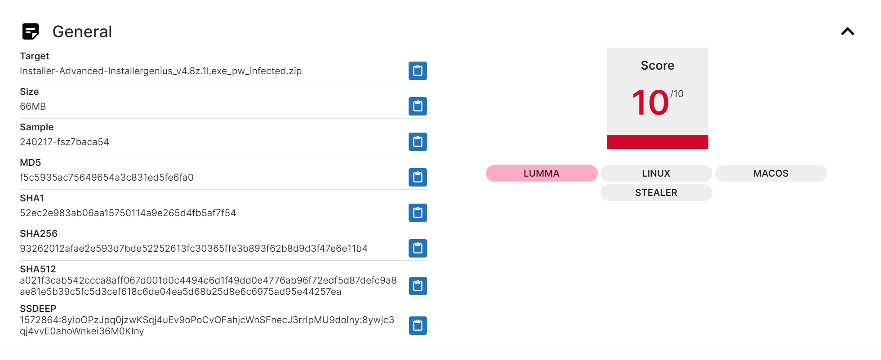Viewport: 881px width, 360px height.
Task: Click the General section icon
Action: (x=31, y=31)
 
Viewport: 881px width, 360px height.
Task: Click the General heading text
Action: (x=82, y=32)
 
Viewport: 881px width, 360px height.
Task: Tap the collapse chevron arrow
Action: (x=847, y=31)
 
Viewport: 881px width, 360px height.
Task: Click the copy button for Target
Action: (x=418, y=71)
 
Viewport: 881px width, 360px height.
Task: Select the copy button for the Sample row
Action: (x=418, y=142)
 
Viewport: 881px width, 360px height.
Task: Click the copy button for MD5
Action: (x=418, y=178)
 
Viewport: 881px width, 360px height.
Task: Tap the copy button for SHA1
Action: (x=418, y=213)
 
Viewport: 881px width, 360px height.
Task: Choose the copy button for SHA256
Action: (x=418, y=249)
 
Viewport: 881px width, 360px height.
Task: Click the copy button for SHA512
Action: (x=418, y=286)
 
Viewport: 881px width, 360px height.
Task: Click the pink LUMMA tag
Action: (x=541, y=173)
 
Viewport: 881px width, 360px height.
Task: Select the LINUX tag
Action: (x=656, y=173)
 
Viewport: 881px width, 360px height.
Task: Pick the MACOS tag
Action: (x=770, y=173)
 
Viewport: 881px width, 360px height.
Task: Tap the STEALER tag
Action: (x=656, y=193)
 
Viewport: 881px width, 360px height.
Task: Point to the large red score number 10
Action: (x=650, y=103)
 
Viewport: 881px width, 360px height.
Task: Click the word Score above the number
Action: (x=657, y=66)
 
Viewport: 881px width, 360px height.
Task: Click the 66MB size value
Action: (x=33, y=107)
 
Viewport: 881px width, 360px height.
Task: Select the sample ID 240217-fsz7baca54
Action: (x=64, y=142)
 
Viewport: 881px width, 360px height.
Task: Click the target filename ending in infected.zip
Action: (x=160, y=71)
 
